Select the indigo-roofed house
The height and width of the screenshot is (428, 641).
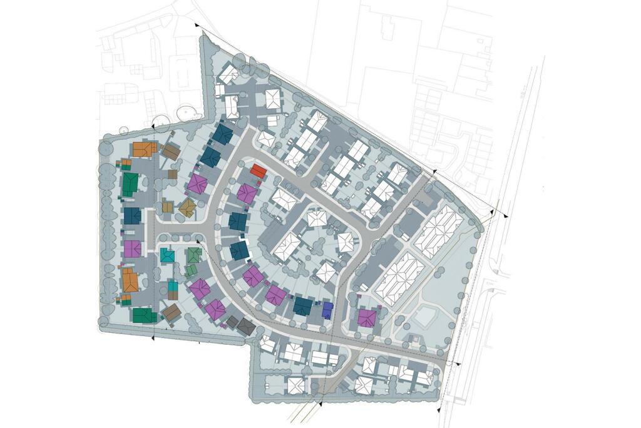(x=327, y=309)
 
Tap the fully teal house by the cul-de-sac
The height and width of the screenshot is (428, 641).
(x=167, y=255)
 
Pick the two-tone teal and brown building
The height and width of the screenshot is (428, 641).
(x=172, y=289)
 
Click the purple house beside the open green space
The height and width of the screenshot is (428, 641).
(x=366, y=318)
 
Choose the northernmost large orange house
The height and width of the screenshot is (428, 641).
(x=145, y=150)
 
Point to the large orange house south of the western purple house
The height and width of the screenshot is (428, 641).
(x=130, y=280)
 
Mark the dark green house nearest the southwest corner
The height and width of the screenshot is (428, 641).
(x=144, y=315)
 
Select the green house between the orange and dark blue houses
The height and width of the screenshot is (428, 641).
(x=130, y=184)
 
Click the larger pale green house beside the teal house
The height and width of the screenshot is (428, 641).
(x=194, y=255)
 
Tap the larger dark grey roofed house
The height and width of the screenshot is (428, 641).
(x=246, y=326)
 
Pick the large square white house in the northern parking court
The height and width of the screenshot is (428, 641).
(x=273, y=98)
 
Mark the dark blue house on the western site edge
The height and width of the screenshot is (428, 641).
(x=133, y=216)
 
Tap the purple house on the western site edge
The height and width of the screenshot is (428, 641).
(x=133, y=248)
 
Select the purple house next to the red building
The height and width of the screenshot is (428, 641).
(x=247, y=193)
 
